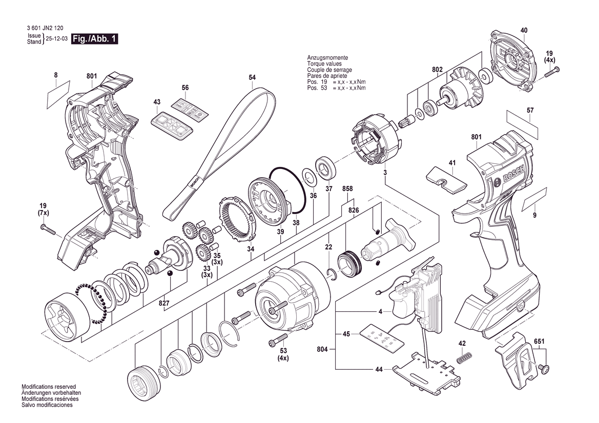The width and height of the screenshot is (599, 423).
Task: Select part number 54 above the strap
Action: (x=252, y=77)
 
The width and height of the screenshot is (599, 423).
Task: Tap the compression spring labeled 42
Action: (x=464, y=359)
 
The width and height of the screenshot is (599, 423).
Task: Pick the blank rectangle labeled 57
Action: (x=523, y=124)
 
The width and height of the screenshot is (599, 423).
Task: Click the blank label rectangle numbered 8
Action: (x=58, y=93)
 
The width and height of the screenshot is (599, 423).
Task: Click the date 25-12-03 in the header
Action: (x=57, y=39)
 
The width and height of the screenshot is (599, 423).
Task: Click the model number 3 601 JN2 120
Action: (x=44, y=30)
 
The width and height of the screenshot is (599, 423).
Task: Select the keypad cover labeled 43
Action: (x=172, y=123)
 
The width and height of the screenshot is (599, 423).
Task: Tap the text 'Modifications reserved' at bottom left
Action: (x=49, y=387)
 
